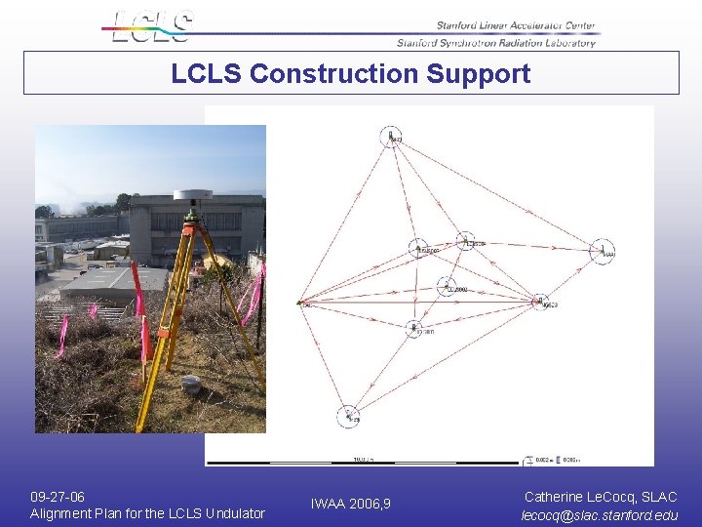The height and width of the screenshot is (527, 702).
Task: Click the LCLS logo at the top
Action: point(151,26)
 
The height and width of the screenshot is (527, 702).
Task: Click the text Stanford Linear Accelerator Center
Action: point(516,26)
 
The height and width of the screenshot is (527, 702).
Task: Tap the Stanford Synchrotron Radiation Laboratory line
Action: point(496,43)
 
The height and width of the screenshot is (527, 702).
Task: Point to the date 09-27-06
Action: point(58,497)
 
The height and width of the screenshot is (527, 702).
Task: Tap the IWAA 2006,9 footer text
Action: point(351,504)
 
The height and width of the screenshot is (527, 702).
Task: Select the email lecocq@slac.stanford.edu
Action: point(600,514)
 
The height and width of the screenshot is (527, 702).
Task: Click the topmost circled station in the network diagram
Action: point(392,137)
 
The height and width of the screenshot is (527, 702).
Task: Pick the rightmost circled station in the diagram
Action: point(604,252)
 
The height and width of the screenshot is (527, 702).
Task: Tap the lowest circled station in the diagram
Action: point(349,416)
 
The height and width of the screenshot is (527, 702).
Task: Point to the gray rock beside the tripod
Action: point(191,384)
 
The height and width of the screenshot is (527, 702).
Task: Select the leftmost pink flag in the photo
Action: point(94,311)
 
